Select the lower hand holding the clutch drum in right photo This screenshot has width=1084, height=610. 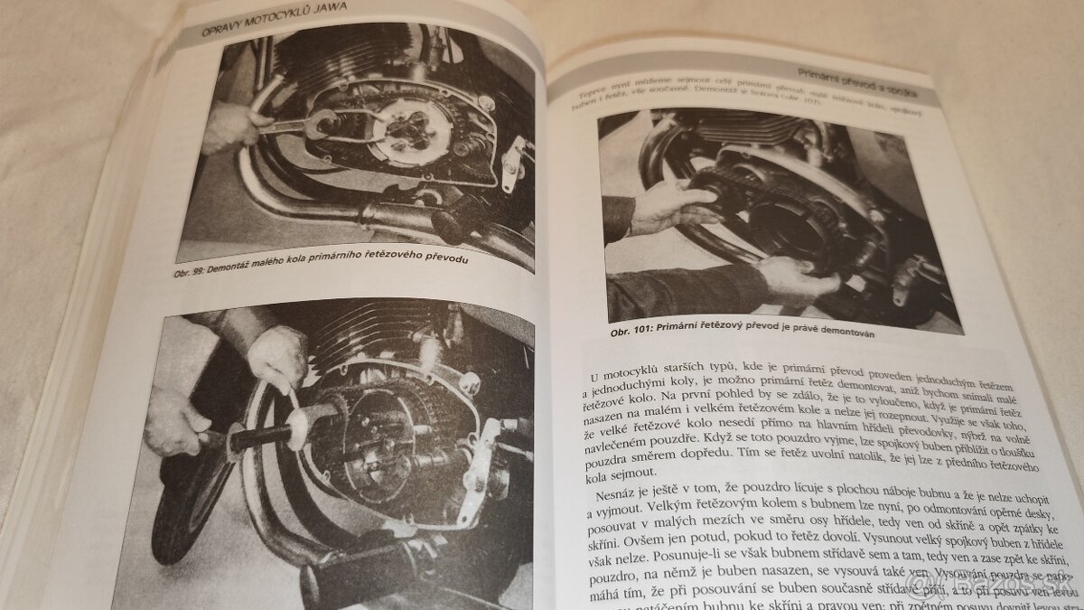pos(795,280)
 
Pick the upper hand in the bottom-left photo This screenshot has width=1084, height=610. pos(276,357)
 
